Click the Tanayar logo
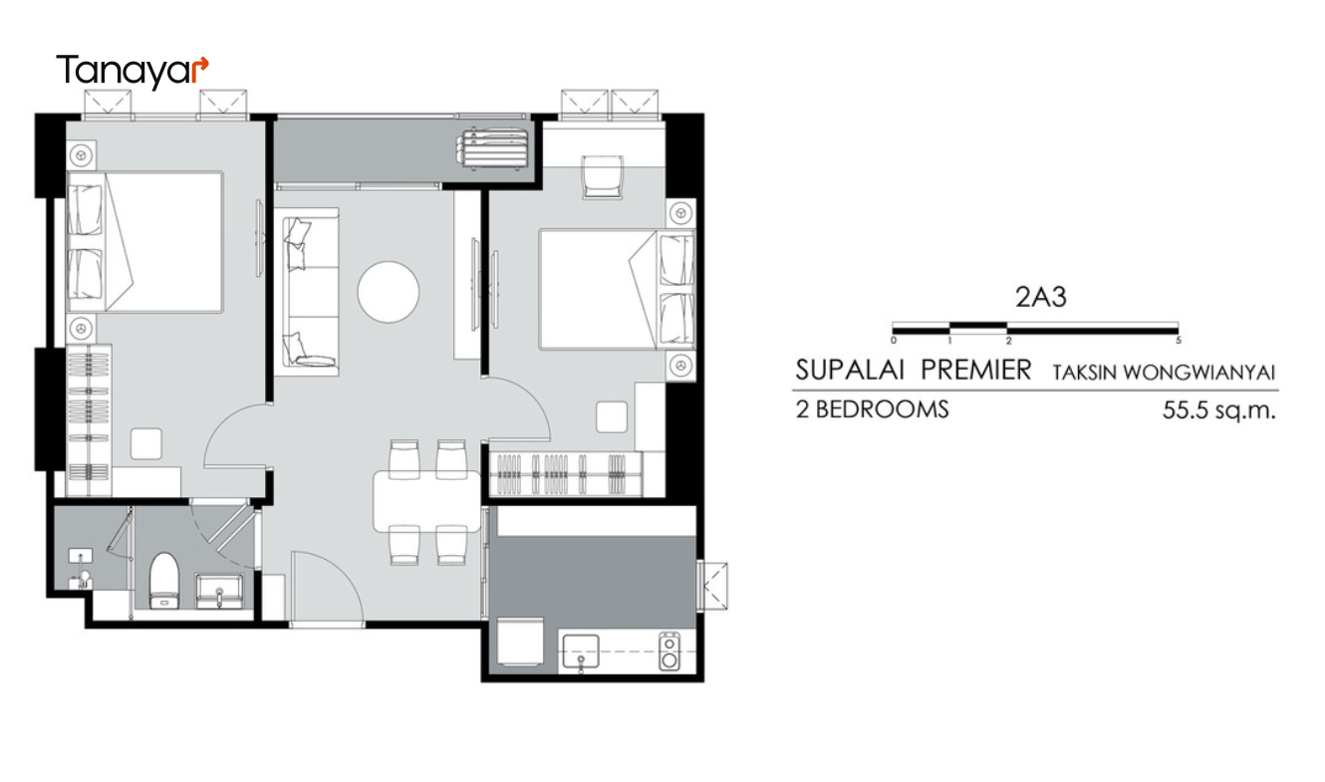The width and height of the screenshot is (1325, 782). pyautogui.click(x=132, y=71)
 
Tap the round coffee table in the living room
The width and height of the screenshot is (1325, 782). pyautogui.click(x=389, y=292)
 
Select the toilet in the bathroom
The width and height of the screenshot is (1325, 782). pyautogui.click(x=163, y=581)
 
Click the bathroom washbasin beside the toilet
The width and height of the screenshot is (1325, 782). pyautogui.click(x=219, y=591)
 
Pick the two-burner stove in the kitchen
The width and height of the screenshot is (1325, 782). pyautogui.click(x=669, y=652)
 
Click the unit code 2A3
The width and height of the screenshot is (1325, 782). pyautogui.click(x=1040, y=297)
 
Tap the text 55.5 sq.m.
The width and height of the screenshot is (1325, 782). pyautogui.click(x=1218, y=410)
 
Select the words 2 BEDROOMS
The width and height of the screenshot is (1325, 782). pyautogui.click(x=872, y=409)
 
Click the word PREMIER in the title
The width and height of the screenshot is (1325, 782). pyautogui.click(x=976, y=371)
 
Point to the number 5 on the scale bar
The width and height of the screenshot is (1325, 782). pyautogui.click(x=1179, y=341)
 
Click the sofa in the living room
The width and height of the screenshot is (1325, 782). pyautogui.click(x=310, y=292)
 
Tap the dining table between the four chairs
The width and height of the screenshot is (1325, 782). pyautogui.click(x=426, y=501)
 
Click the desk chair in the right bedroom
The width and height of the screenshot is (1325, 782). pyautogui.click(x=602, y=177)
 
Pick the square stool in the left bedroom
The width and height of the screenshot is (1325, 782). pyautogui.click(x=146, y=443)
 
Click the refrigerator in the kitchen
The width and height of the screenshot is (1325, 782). pyautogui.click(x=520, y=642)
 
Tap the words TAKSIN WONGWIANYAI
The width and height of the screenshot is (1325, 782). pyautogui.click(x=1164, y=373)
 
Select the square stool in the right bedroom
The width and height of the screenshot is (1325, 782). pyautogui.click(x=612, y=417)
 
